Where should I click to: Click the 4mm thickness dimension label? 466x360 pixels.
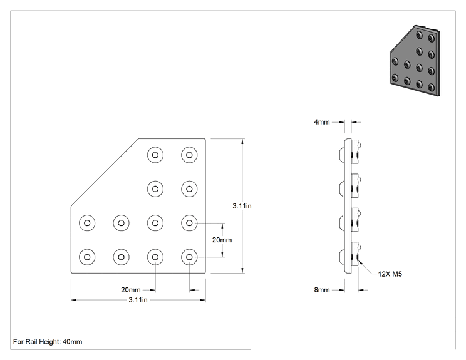pos(322,122)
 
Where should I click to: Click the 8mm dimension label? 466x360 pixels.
pos(322,290)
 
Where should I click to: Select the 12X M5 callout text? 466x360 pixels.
pos(390,274)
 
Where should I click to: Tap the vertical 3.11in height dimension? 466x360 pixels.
pos(242,206)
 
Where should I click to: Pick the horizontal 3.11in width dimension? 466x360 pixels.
pos(138,300)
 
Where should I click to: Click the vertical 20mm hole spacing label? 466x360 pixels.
pos(222,240)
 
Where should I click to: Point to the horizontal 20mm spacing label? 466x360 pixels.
pos(131,290)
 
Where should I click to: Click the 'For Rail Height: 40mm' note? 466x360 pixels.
pos(48,342)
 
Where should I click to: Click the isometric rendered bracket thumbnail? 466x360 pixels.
pos(415,61)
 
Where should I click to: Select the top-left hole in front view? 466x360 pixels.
pos(155,155)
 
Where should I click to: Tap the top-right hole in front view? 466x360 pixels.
pos(189,155)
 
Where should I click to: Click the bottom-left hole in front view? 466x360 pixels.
pos(87,257)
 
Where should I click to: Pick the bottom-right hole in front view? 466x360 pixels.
pos(189,257)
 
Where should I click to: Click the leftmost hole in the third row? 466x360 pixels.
pos(87,223)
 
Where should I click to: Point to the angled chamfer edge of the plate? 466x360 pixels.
pos(105,172)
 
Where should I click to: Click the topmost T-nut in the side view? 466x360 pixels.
pos(356,152)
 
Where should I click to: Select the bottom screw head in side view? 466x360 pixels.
pos(342,257)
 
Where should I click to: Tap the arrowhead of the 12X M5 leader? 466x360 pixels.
pos(360,261)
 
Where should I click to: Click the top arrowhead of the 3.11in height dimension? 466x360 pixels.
pos(243,141)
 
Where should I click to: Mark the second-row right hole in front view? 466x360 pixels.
pos(189,189)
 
